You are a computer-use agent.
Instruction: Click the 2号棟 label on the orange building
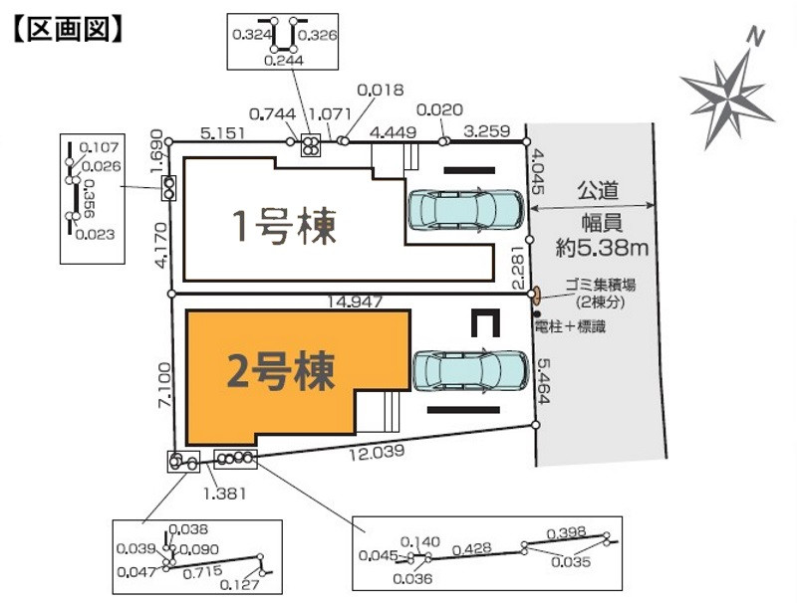pyautogui.click(x=281, y=371)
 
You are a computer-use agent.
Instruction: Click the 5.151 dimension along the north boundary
pyautogui.click(x=223, y=130)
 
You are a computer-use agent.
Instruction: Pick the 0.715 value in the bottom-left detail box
pyautogui.click(x=203, y=573)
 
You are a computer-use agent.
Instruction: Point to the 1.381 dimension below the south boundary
pyautogui.click(x=224, y=492)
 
